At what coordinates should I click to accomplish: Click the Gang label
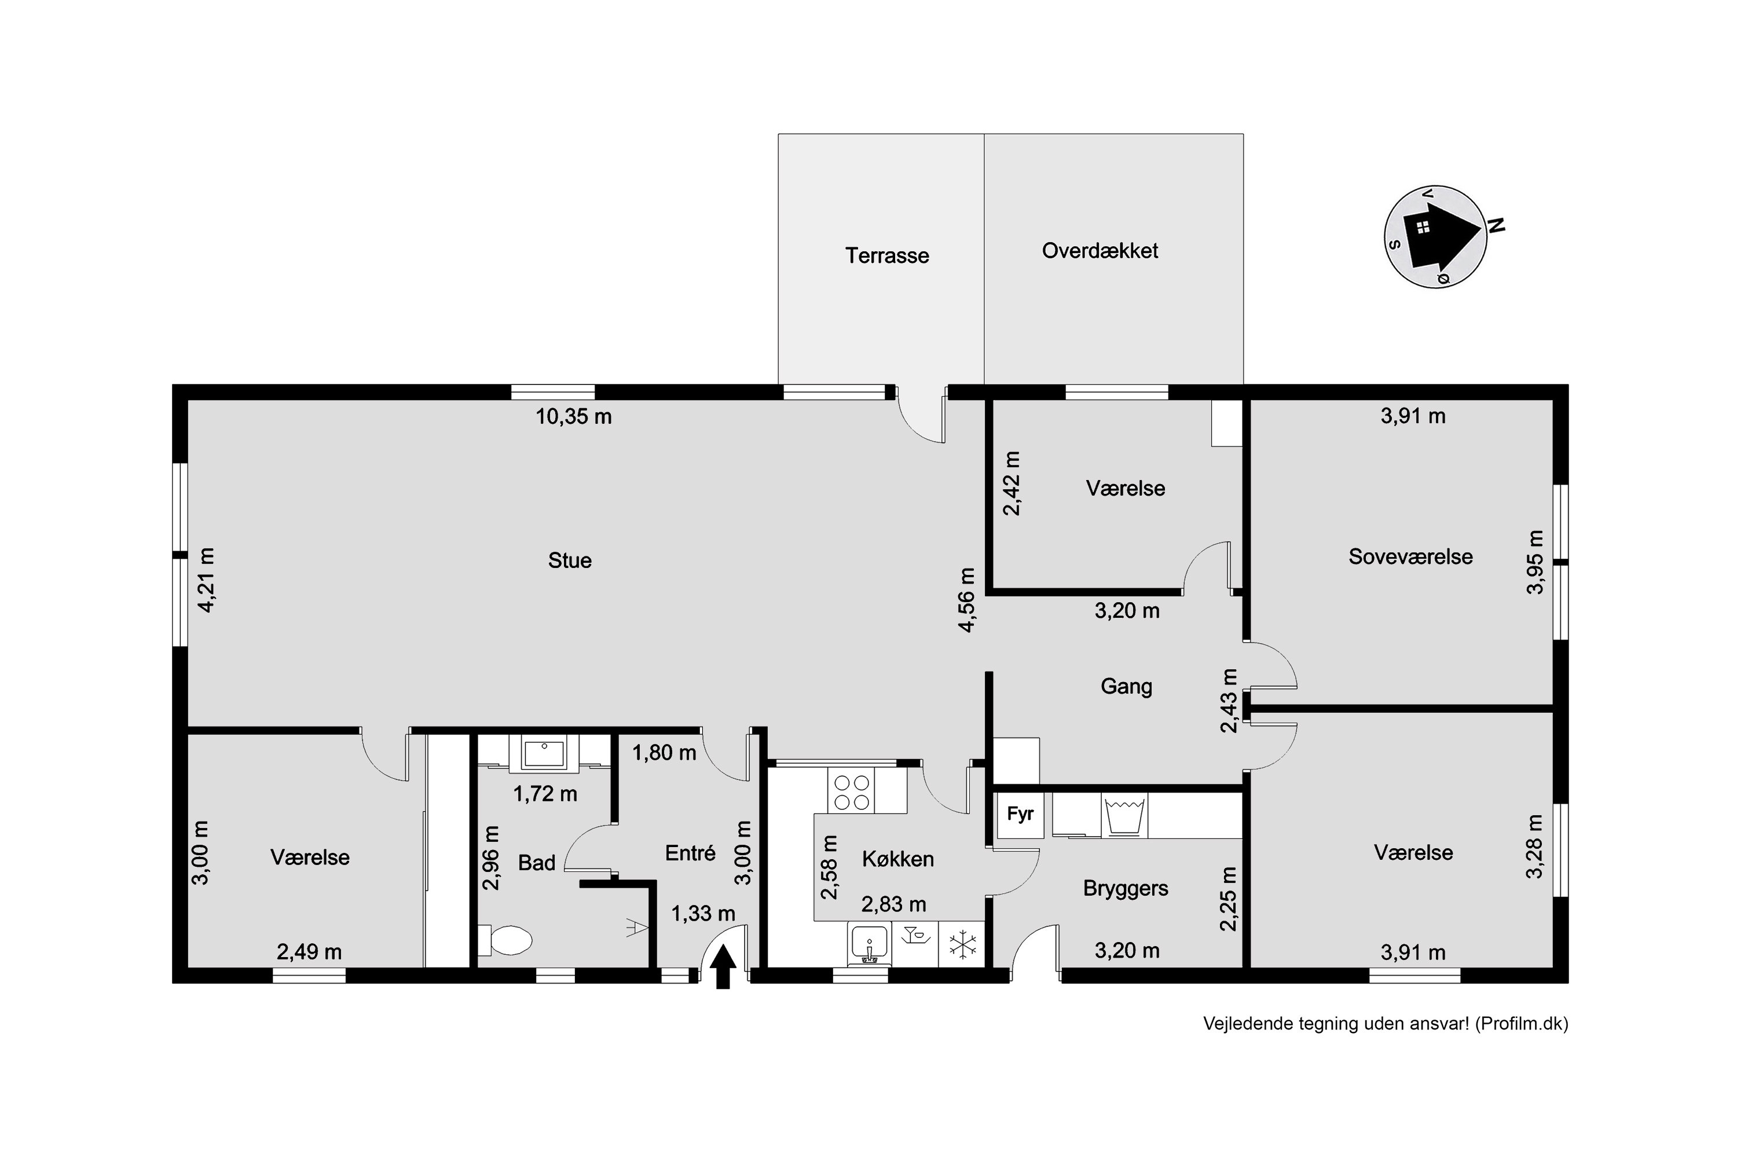click(1126, 686)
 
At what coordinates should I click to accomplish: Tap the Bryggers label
click(1126, 888)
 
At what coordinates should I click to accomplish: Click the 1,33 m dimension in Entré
click(703, 914)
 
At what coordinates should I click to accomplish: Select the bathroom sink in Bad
click(544, 754)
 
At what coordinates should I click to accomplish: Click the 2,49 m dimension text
click(309, 952)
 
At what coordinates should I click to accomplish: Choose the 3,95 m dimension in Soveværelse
click(1536, 562)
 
